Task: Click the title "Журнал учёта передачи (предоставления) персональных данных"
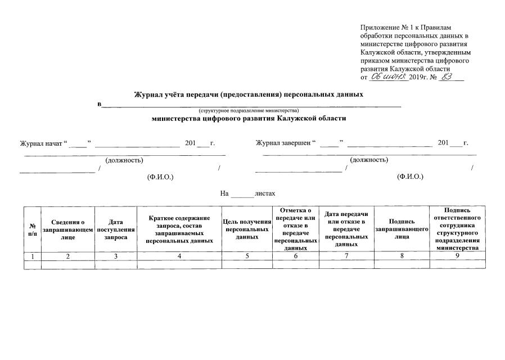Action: pos(248,94)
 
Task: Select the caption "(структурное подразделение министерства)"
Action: pos(248,111)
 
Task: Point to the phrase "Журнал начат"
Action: pos(42,143)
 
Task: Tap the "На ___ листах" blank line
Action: pos(242,193)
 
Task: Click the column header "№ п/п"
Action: pos(33,229)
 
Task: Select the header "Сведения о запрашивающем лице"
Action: pos(67,229)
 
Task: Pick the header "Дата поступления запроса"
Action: pos(116,229)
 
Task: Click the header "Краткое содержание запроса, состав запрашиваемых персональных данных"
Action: pos(179,229)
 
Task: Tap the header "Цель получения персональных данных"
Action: pos(247,229)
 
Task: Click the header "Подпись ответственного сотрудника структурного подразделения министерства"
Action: pos(457,229)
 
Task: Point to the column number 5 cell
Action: pos(247,256)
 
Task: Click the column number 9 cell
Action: pos(457,256)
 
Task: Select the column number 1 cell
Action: pos(33,256)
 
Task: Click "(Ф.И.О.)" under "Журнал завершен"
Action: pos(410,177)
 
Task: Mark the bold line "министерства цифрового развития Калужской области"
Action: pos(249,119)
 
